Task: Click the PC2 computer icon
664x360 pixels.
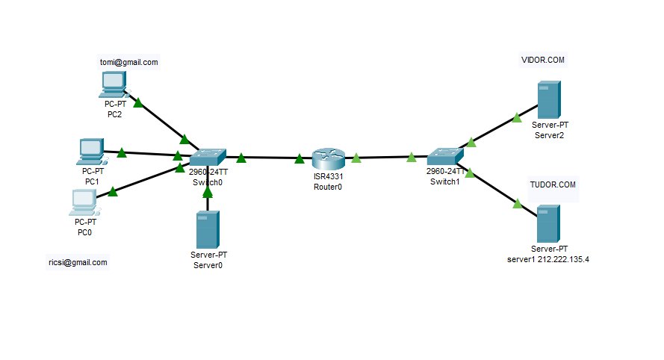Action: coord(114,84)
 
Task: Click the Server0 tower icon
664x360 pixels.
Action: coord(207,229)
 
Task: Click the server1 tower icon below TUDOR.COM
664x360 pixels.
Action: coord(549,223)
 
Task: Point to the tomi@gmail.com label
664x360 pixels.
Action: coord(129,62)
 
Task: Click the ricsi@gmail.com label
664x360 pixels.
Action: coord(77,263)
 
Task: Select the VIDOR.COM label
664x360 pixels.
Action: coord(542,59)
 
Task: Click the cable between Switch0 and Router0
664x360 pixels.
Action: coord(269,158)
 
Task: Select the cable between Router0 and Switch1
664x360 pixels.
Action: coord(385,158)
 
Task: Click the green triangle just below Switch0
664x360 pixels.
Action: coord(208,192)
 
